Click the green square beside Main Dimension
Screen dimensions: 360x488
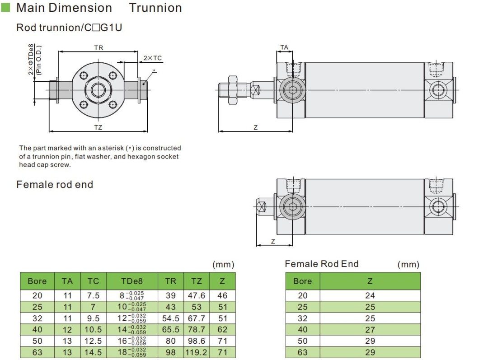pyautogui.click(x=6, y=8)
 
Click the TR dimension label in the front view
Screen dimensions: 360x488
pyautogui.click(x=99, y=47)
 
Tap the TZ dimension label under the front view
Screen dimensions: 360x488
pyautogui.click(x=98, y=127)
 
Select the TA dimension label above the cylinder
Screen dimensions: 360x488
pyautogui.click(x=284, y=47)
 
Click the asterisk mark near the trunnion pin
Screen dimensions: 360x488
pyautogui.click(x=155, y=71)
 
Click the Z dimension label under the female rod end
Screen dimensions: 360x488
pyautogui.click(x=273, y=241)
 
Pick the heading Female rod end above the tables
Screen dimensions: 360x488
pyautogui.click(x=55, y=184)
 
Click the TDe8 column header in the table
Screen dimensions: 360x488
pyautogui.click(x=132, y=281)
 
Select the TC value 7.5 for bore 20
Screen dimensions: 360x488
pyautogui.click(x=93, y=295)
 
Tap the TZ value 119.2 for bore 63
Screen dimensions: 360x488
pyautogui.click(x=197, y=352)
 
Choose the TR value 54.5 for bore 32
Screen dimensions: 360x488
pyautogui.click(x=170, y=318)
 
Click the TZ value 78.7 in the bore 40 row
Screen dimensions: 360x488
pyautogui.click(x=197, y=330)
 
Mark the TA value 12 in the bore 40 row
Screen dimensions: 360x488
pyautogui.click(x=67, y=330)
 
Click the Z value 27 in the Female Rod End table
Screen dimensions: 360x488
pyautogui.click(x=370, y=330)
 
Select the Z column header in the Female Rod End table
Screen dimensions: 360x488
pyautogui.click(x=370, y=281)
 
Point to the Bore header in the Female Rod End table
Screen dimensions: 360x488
pyautogui.click(x=302, y=281)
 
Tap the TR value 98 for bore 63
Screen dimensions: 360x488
pyautogui.click(x=170, y=352)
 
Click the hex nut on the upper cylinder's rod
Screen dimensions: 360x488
pyautogui.click(x=233, y=89)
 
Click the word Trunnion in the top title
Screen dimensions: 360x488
pyautogui.click(x=155, y=8)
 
